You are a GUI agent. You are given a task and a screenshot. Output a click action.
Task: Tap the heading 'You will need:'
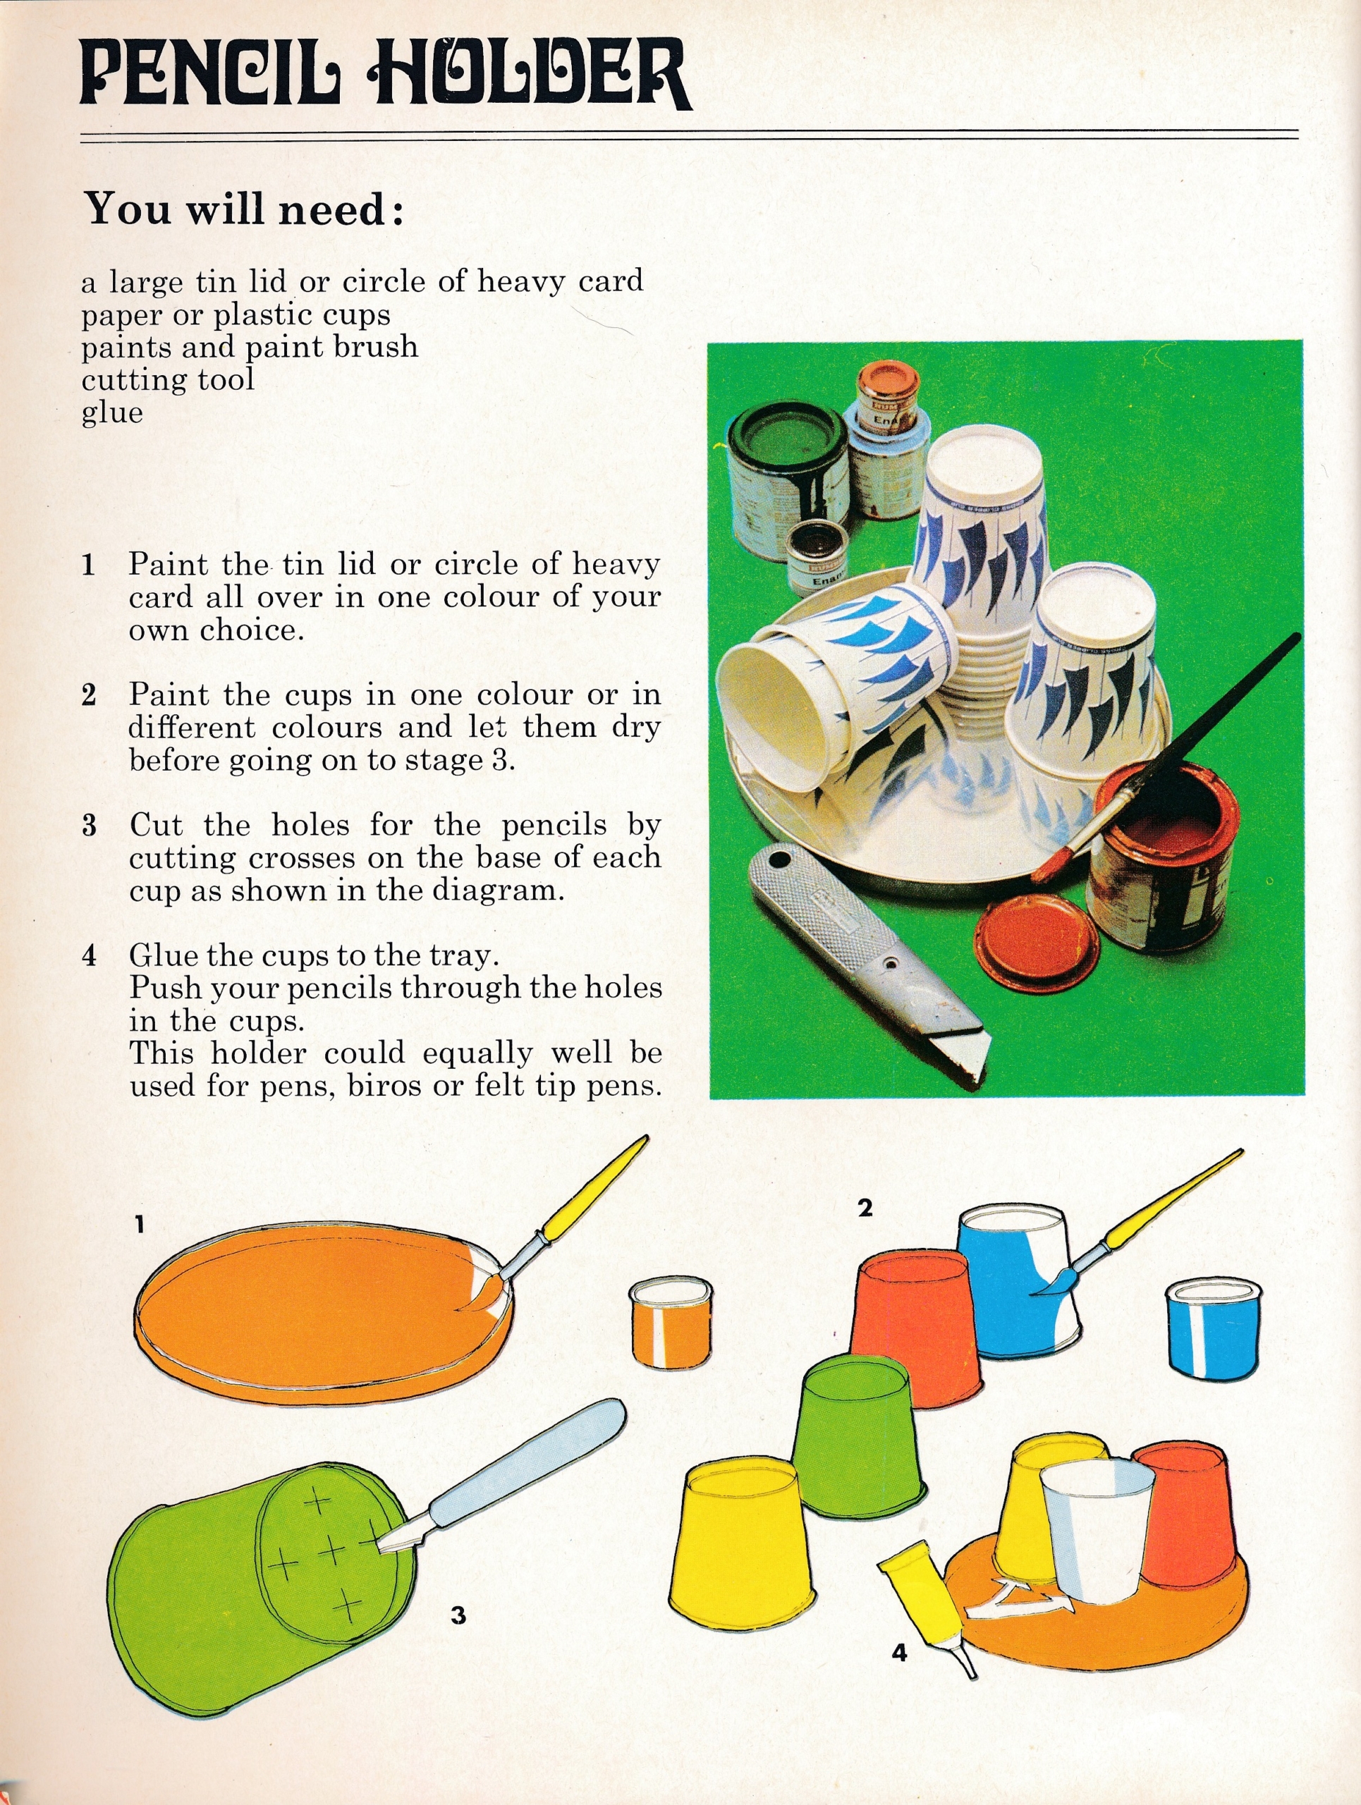(x=245, y=209)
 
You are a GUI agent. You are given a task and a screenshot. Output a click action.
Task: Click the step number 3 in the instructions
(x=89, y=825)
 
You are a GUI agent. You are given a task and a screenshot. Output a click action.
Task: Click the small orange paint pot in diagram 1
(x=671, y=1323)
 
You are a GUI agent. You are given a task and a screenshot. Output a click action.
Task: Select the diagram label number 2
(x=865, y=1208)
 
